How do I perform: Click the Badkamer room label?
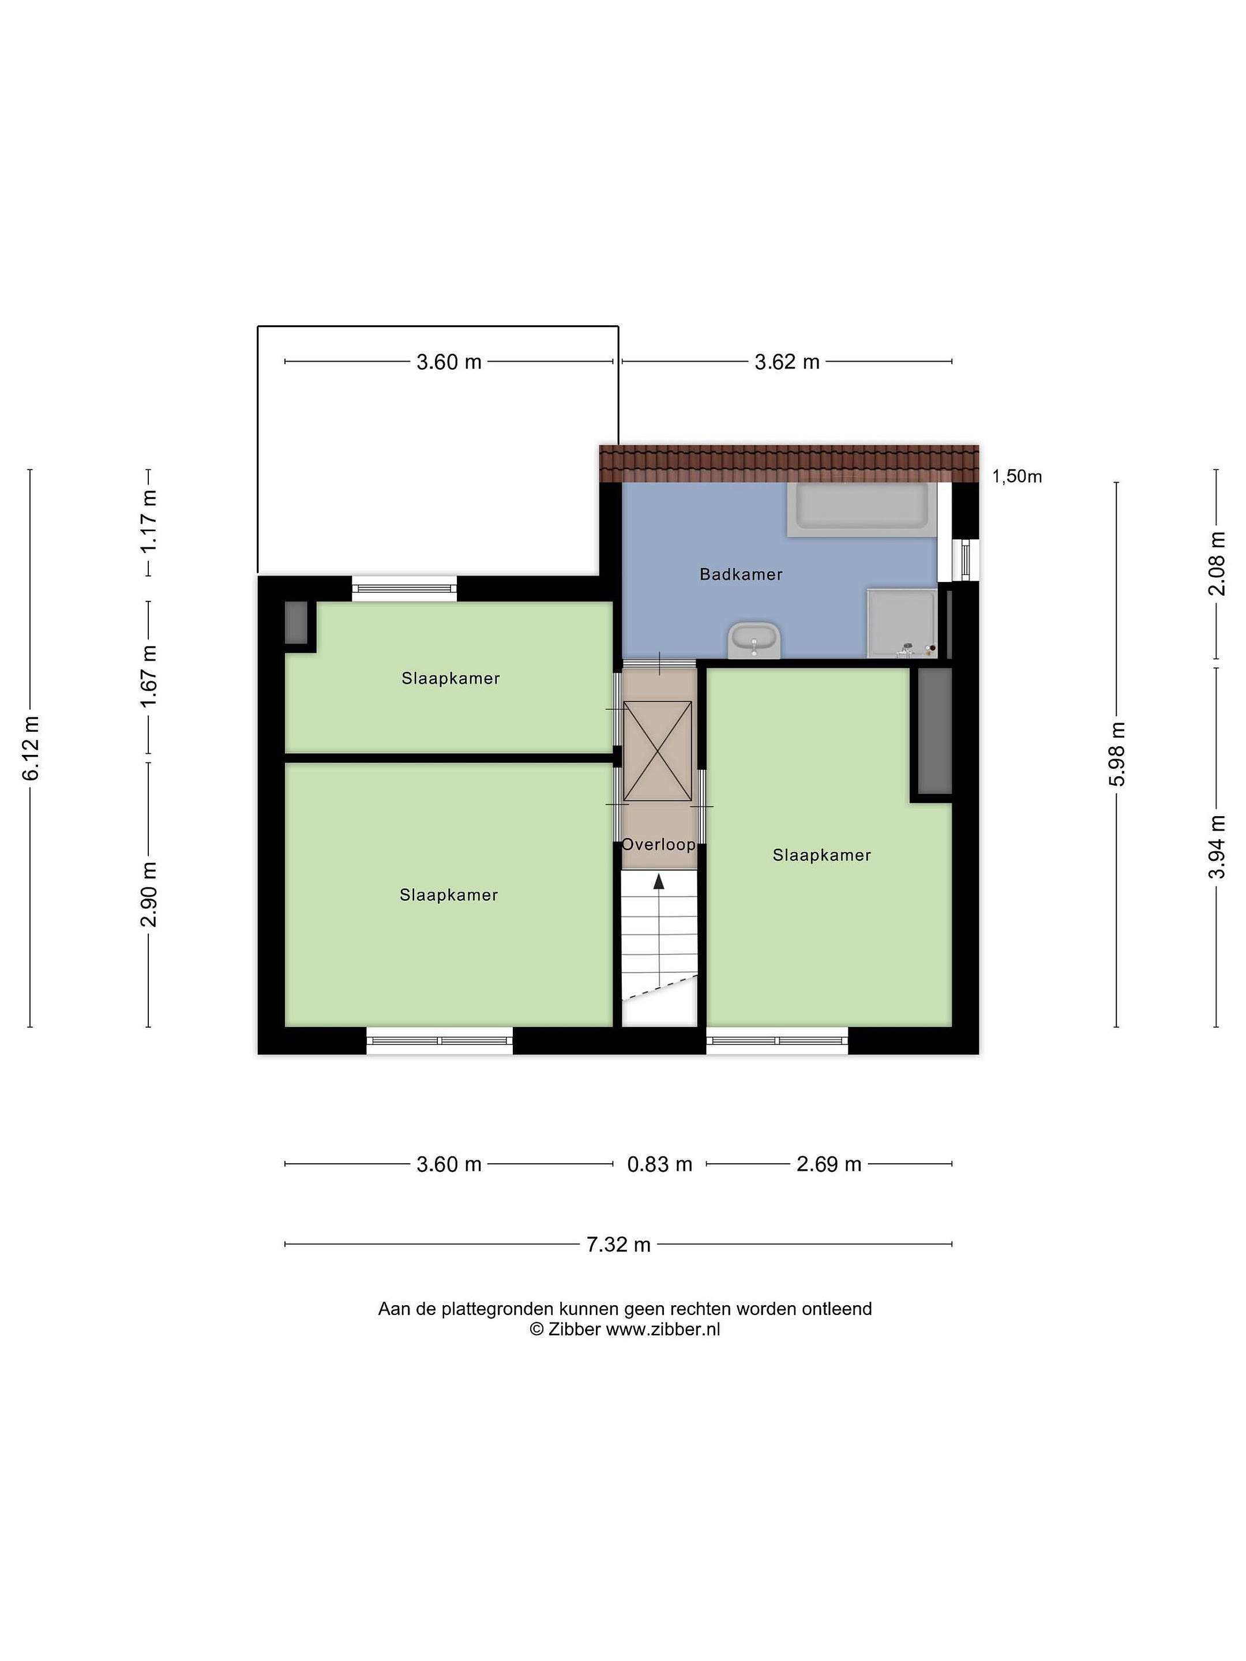point(741,574)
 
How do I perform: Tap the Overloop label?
point(659,844)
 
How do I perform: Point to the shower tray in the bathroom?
point(901,623)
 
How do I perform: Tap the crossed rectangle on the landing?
point(658,751)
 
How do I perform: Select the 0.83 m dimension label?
point(659,1164)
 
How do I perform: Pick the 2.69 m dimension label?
point(828,1164)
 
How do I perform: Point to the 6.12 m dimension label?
point(31,749)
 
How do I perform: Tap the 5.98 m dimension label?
point(1117,754)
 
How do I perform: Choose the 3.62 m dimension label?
point(786,362)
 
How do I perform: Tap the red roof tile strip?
point(789,463)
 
